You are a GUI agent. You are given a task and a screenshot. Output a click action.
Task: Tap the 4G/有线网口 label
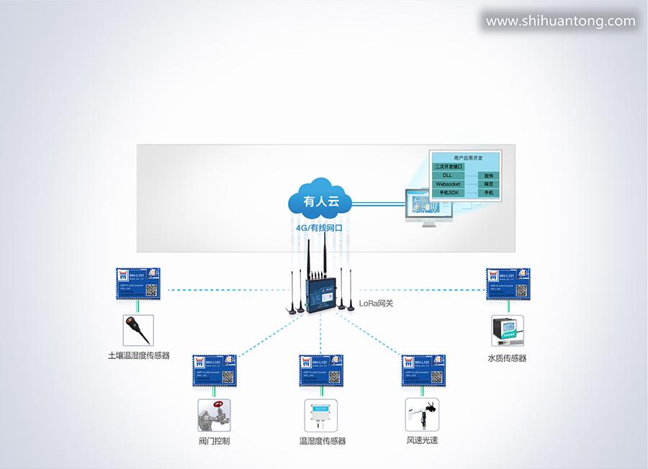(x=319, y=228)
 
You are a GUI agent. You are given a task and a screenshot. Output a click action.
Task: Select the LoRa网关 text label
(x=376, y=304)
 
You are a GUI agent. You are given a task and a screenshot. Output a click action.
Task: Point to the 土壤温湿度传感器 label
(x=138, y=355)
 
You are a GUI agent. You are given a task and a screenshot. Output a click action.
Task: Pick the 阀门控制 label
(x=214, y=441)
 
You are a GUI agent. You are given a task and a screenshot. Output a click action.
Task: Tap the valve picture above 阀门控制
(x=214, y=415)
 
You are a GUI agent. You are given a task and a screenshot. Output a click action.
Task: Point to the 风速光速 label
(x=422, y=440)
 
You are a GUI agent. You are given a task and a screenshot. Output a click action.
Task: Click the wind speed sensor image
(x=422, y=415)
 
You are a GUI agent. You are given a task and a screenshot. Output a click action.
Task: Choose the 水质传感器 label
(x=507, y=358)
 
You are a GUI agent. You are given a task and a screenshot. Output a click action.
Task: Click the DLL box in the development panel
(x=448, y=175)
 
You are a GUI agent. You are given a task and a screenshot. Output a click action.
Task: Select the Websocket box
(x=448, y=184)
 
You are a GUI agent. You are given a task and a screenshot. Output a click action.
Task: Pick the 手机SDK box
(x=448, y=193)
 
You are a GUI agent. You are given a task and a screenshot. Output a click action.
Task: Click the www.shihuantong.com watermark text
(x=561, y=21)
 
